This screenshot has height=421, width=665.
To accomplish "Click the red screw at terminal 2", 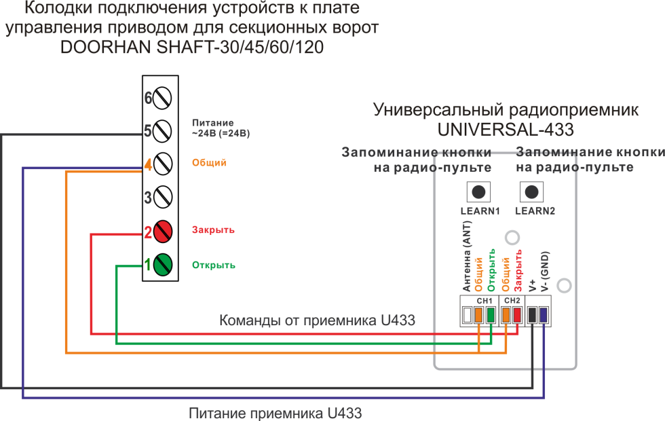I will point(163,232).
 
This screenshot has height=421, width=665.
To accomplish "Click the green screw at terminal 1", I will point(163,264).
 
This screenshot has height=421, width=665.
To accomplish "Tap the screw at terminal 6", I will point(163,98).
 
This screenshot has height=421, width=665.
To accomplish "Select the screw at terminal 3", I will point(163,198).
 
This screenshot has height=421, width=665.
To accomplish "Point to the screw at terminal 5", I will point(163,130).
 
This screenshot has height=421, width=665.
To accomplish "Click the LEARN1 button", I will point(479,192).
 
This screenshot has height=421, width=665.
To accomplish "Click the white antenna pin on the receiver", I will point(467,314).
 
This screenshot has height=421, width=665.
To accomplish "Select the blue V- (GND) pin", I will point(544,314).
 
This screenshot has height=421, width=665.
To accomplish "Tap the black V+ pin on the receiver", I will point(532,314).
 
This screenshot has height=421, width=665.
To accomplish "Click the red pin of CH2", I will point(517,314).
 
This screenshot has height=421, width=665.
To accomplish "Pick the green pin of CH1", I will point(491,314).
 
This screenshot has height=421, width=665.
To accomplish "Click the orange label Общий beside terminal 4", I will point(210,163).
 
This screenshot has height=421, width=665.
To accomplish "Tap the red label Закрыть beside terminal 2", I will point(213,230).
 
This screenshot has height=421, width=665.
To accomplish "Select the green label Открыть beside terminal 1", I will point(214,265).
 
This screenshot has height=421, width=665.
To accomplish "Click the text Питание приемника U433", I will point(275,411).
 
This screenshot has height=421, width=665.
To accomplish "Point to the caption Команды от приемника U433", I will point(317,321).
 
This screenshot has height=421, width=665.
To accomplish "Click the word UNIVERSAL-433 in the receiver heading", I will point(506,128).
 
